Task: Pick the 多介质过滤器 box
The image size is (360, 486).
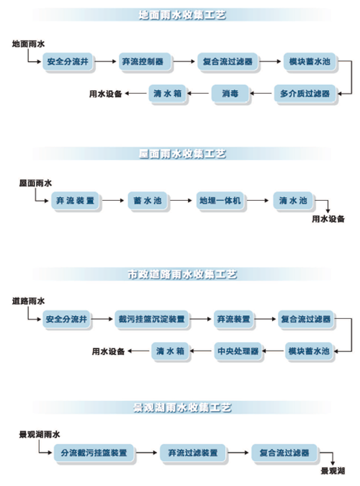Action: click(x=305, y=94)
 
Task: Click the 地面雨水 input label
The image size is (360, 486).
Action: click(x=29, y=44)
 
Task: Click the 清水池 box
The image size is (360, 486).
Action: click(x=293, y=200)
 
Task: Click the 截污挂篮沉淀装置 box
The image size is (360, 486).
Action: click(x=150, y=318)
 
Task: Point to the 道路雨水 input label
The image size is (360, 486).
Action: click(x=29, y=300)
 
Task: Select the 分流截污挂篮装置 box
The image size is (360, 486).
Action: click(x=94, y=452)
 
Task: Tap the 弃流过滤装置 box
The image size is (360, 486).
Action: click(x=193, y=452)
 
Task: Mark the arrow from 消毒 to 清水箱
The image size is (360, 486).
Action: click(x=199, y=94)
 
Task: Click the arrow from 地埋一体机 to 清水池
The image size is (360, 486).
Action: click(x=260, y=200)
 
